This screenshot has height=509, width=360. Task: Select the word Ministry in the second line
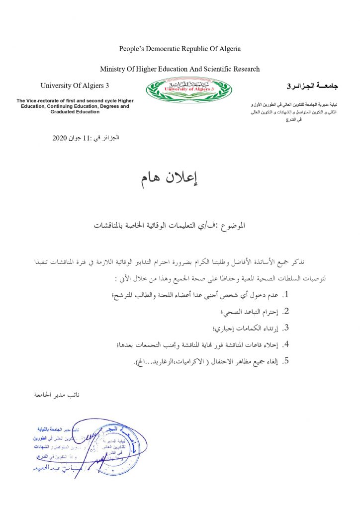point(112,69)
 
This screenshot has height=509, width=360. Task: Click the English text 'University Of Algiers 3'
point(75,86)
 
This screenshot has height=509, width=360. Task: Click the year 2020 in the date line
point(60,138)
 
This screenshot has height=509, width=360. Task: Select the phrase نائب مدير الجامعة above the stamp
point(55,395)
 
